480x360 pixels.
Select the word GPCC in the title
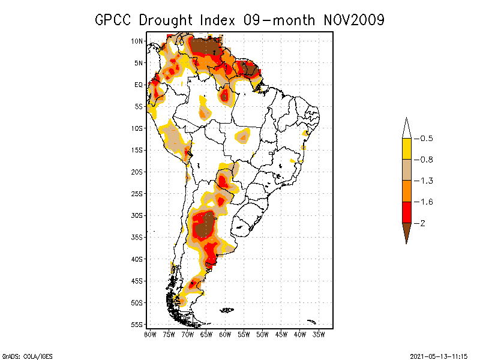pyautogui.click(x=115, y=20)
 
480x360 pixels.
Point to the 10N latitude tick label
pyautogui.click(x=137, y=41)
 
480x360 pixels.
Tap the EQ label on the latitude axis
pyautogui.click(x=138, y=85)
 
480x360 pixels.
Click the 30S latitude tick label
pyautogui.click(x=137, y=215)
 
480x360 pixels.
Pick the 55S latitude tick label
pyautogui.click(x=137, y=325)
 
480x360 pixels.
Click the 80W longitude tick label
pyautogui.click(x=150, y=334)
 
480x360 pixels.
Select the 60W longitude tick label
pyautogui.click(x=225, y=334)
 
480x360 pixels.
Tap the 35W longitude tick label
pyautogui.click(x=319, y=334)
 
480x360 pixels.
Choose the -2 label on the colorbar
pyautogui.click(x=422, y=223)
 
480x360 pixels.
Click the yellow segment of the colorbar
pyautogui.click(x=406, y=149)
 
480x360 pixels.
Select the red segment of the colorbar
pyautogui.click(x=406, y=212)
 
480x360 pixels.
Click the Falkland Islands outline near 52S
pyautogui.click(x=226, y=310)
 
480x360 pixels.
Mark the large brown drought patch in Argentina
pyautogui.click(x=206, y=226)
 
